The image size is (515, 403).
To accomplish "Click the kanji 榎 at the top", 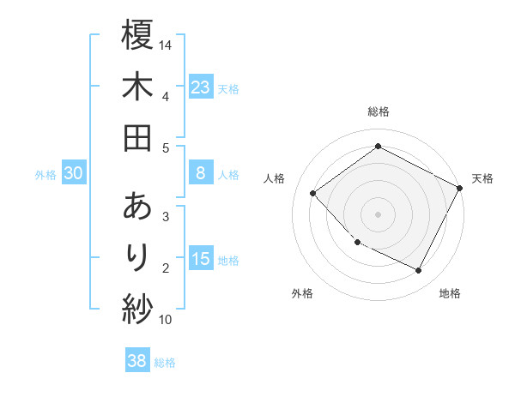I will pyautogui.click(x=137, y=35).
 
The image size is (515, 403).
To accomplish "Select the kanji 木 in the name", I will pyautogui.click(x=137, y=87).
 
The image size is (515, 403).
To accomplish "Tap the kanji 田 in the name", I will pyautogui.click(x=137, y=137).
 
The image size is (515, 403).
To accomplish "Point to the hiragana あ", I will pyautogui.click(x=137, y=207).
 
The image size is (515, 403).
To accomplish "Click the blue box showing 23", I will pyautogui.click(x=201, y=87).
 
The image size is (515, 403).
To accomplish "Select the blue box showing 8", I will pyautogui.click(x=201, y=173).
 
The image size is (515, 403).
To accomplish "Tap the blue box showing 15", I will pyautogui.click(x=201, y=259).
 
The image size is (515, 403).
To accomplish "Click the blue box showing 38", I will pyautogui.click(x=137, y=361).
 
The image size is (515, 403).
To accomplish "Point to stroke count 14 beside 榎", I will pyautogui.click(x=166, y=45).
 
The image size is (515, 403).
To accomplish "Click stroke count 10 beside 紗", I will pyautogui.click(x=166, y=320).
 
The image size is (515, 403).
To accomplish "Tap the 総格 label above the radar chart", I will pyautogui.click(x=378, y=111).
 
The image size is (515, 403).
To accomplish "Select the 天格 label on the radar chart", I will pyautogui.click(x=482, y=178).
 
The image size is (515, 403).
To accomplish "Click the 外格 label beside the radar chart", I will pyautogui.click(x=302, y=293).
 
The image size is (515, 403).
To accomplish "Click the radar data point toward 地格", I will pyautogui.click(x=419, y=271).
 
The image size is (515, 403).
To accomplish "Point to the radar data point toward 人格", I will pyautogui.click(x=313, y=193).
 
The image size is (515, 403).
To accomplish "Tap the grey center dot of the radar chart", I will pyautogui.click(x=378, y=214).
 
